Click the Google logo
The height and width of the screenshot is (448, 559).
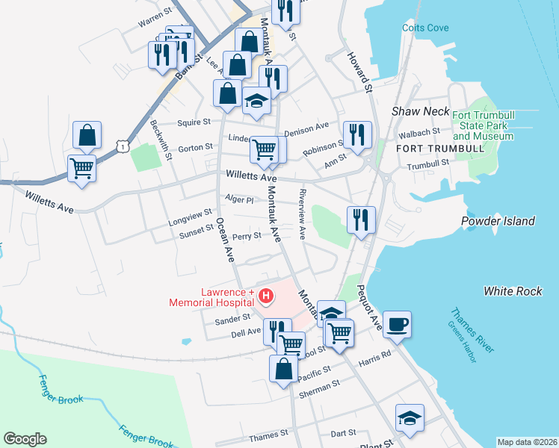point(25,439)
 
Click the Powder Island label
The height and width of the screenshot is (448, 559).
point(498,221)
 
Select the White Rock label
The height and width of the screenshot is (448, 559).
point(513,290)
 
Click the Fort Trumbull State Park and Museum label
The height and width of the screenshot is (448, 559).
point(483,125)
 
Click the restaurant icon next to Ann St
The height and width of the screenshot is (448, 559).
point(357,135)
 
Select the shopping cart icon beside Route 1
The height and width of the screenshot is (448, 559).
point(81,167)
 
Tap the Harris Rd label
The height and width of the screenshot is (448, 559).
point(374,358)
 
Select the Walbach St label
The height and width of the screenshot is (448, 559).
point(419,133)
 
